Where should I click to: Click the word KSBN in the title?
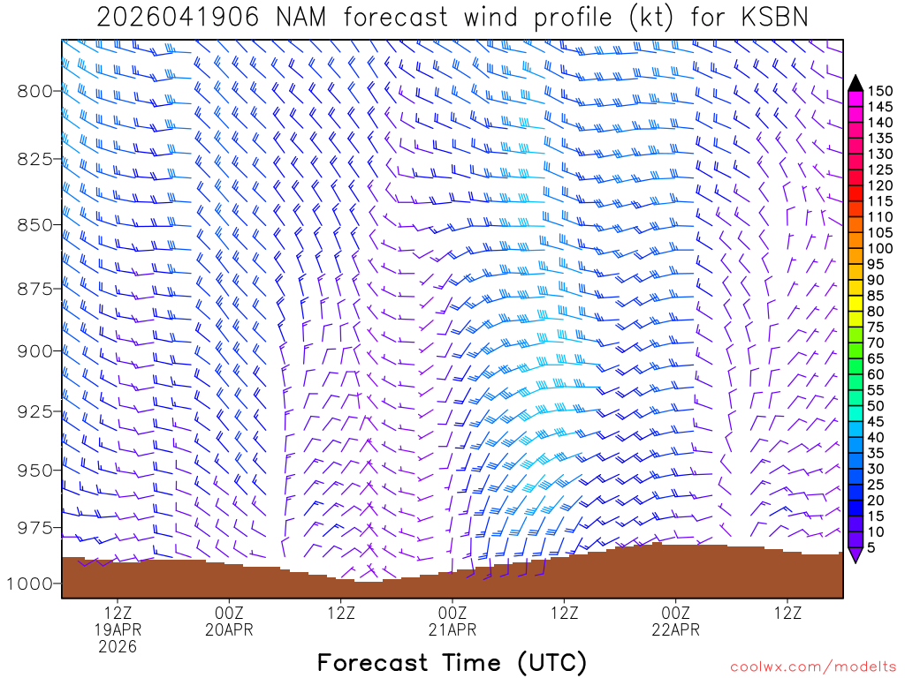pos(771,17)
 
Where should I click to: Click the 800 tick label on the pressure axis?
pos(36,90)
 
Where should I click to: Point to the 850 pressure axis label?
pos(36,224)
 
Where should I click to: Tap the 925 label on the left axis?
pos(36,411)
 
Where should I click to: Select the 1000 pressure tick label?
pos(31,584)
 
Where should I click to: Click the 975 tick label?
pos(36,527)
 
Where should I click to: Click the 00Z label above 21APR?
pos(452,612)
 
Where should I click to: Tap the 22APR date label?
pos(676,629)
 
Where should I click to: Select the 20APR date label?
pos(229,629)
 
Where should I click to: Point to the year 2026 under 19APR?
pos(118,647)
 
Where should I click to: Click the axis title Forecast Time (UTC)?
pos(452,662)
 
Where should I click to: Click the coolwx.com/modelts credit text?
pos(812,665)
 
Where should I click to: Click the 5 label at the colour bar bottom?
pos(871,547)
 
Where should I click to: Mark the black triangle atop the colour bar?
pos(855,83)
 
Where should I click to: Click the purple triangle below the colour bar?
pos(855,554)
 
